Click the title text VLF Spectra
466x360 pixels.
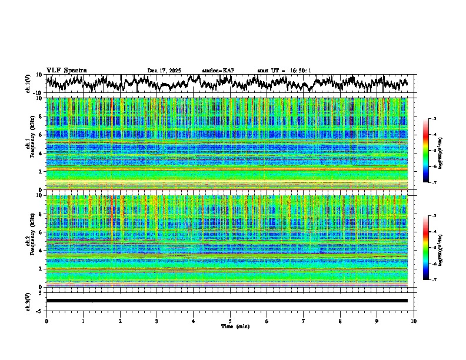pos(66,71)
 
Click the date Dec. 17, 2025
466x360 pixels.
pos(164,71)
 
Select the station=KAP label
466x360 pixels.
pos(218,71)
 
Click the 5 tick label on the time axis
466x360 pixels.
pos(230,321)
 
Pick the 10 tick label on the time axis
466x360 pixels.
pos(414,321)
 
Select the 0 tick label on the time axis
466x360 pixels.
pos(46,321)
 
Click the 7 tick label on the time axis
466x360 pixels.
pos(304,321)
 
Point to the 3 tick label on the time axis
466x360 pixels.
pos(157,321)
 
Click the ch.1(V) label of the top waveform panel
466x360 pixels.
pos(28,84)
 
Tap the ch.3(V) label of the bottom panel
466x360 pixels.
pos(28,301)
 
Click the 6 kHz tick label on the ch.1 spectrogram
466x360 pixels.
pos(41,135)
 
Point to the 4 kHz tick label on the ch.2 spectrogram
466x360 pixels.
pos(41,251)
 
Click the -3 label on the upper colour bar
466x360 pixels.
pos(434,119)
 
